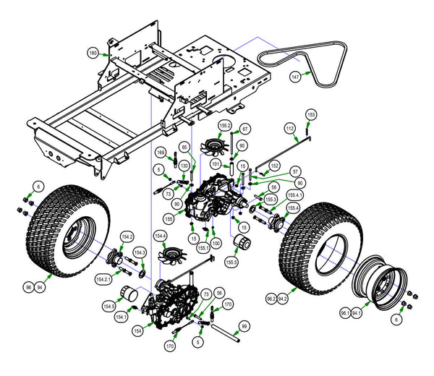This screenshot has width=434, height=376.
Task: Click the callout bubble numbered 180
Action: point(93,54)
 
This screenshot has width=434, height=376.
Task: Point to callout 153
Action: point(311,115)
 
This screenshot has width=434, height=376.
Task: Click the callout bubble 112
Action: point(289,128)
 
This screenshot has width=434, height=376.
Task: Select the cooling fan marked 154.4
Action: point(175,255)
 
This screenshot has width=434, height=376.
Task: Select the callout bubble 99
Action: point(244,325)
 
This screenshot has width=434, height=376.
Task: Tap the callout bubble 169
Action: point(161,153)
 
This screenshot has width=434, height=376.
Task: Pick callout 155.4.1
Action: point(295,195)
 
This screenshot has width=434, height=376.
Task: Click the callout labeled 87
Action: point(245,129)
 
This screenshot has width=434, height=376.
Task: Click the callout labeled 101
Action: point(215,163)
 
